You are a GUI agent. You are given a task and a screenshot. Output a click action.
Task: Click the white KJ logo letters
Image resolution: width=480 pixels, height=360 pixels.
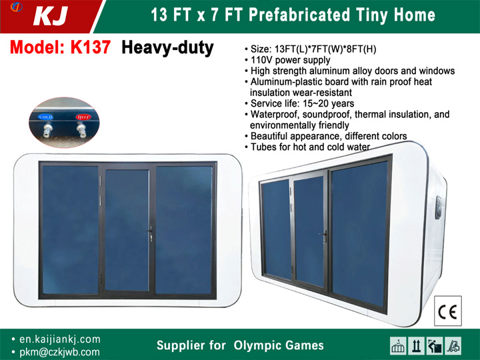(x=50, y=16)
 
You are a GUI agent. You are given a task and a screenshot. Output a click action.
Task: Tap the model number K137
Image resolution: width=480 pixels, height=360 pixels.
(x=90, y=47)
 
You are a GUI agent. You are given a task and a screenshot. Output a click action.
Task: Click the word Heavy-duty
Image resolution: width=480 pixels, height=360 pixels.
(x=167, y=48)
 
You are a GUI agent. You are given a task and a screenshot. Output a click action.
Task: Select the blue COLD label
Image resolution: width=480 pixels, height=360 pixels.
(x=46, y=117)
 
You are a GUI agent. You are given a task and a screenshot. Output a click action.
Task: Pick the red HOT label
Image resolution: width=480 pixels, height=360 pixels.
(x=83, y=117)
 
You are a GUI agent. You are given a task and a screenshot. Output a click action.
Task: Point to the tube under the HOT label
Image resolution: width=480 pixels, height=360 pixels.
(x=82, y=131)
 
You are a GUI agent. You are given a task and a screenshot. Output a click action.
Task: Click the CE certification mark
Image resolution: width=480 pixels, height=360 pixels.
(x=447, y=311)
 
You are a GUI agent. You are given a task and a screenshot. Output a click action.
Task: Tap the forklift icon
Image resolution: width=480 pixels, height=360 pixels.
(x=453, y=345)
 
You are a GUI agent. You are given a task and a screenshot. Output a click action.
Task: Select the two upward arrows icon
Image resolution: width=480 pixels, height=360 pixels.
(x=416, y=345)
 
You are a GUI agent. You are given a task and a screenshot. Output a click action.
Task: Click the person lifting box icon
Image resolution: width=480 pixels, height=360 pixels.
(x=435, y=345)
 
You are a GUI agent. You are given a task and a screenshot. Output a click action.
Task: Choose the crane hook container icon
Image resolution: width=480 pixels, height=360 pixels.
(x=398, y=345)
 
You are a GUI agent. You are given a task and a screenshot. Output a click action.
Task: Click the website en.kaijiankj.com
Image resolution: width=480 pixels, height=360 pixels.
(x=60, y=339)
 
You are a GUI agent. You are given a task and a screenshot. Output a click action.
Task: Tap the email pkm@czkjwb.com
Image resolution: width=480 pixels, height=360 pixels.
(x=59, y=352)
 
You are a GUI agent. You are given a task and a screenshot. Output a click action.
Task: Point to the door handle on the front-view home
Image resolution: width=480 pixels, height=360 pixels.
(x=150, y=233)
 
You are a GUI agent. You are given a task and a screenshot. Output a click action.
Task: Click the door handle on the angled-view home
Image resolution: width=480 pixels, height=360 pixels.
(x=324, y=236)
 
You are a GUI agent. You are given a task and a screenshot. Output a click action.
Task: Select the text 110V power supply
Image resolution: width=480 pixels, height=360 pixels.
(x=290, y=60)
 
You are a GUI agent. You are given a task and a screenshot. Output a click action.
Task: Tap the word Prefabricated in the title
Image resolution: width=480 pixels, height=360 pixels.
(x=299, y=15)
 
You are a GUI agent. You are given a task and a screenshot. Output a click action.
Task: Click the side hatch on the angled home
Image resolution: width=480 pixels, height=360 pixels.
(x=439, y=208)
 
